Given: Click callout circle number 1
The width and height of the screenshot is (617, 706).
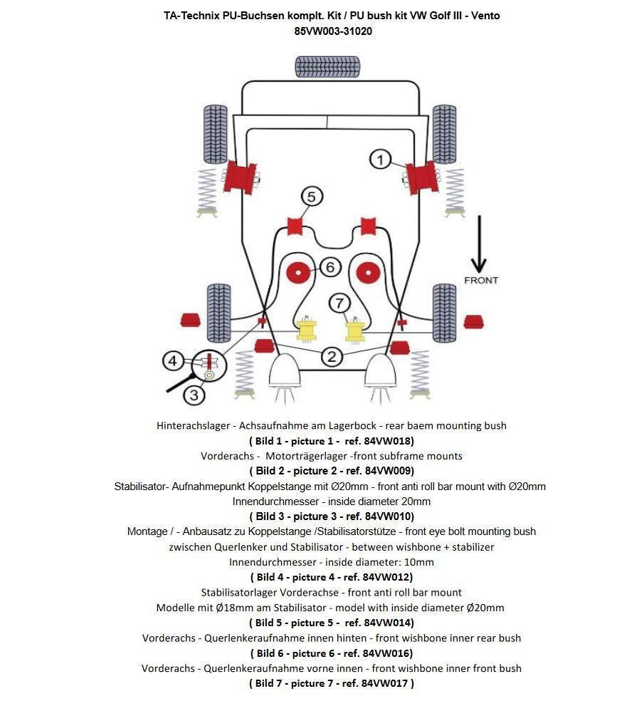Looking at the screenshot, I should tap(381, 160).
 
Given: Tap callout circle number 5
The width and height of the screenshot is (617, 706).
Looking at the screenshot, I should tap(311, 196).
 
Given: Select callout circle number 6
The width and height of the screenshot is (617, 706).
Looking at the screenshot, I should tap(330, 267).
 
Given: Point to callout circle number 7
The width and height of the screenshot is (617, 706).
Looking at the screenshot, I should tap(339, 303).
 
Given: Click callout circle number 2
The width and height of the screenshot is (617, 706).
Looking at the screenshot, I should tap(331, 356).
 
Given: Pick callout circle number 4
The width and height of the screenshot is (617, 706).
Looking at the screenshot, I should tap(173, 361).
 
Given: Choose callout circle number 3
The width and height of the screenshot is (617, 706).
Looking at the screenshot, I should tap(194, 394).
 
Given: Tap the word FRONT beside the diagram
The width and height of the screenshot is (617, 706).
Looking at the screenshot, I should tap(481, 280).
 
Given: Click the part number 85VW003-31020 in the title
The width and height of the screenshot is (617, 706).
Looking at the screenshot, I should tap(333, 31).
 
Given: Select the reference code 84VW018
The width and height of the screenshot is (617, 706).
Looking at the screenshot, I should tap(388, 441).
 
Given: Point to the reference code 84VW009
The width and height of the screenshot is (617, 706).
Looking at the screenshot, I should tap(388, 471).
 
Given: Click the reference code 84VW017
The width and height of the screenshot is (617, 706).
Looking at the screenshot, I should tap(385, 683).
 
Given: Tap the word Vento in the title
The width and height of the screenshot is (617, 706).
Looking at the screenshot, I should tap(485, 16).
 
